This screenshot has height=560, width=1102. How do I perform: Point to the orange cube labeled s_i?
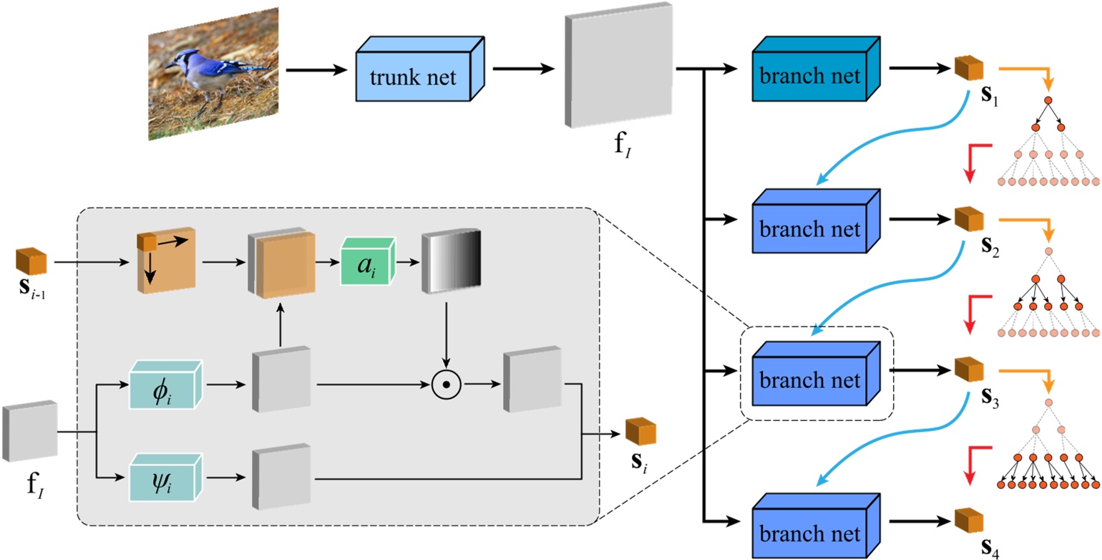click(640, 432)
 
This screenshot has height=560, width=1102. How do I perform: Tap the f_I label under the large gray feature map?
click(617, 152)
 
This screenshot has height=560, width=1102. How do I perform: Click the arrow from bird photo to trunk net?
click(315, 70)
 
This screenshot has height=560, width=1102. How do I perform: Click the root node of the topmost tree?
click(1048, 100)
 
